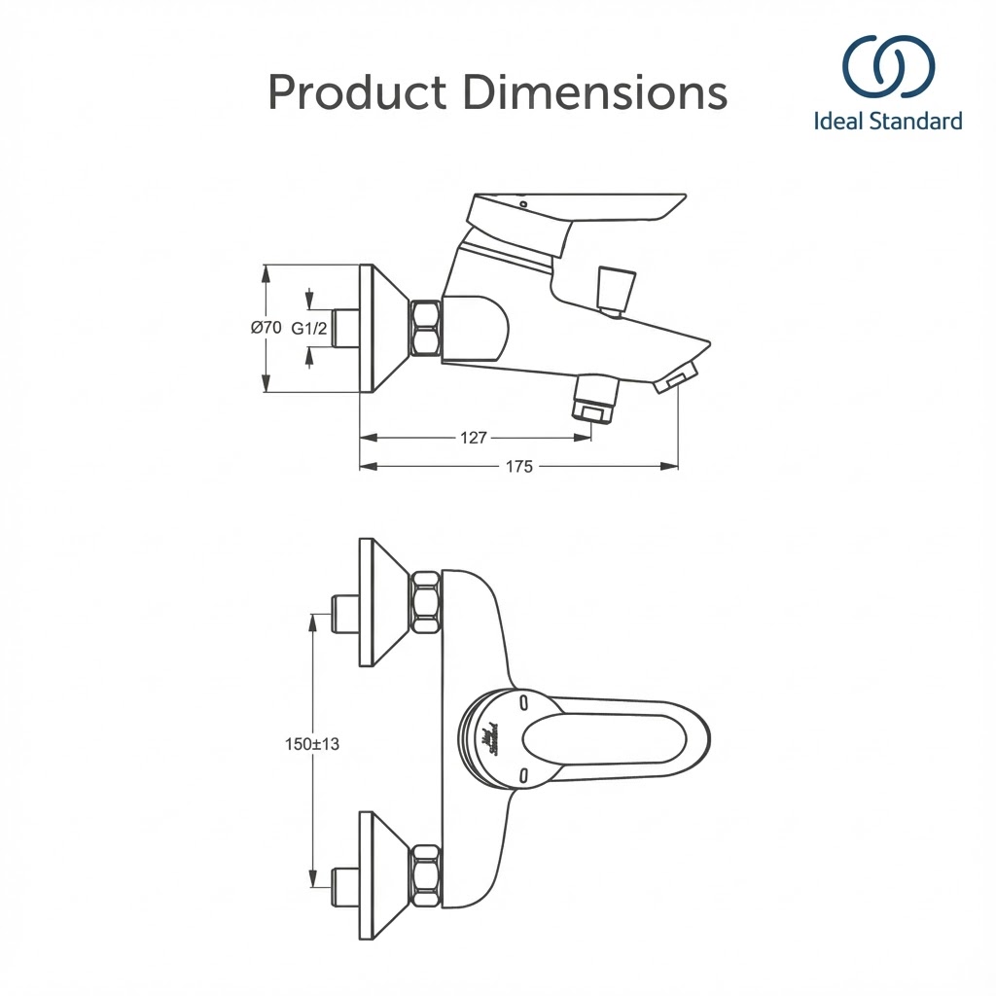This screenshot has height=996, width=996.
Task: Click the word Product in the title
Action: [357, 93]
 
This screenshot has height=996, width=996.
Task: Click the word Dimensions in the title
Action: [595, 93]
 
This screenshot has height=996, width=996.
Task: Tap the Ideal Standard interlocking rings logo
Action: [888, 68]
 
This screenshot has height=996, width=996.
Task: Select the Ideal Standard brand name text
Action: [888, 122]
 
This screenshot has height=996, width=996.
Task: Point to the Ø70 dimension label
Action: [267, 329]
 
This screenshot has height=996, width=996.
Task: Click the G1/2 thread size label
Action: [308, 329]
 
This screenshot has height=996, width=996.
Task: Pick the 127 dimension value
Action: [473, 438]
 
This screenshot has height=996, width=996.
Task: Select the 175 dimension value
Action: [519, 467]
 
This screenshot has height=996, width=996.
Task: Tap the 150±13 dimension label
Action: [312, 744]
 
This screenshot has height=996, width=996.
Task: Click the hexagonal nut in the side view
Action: [426, 329]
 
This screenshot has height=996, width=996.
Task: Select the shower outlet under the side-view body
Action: [596, 398]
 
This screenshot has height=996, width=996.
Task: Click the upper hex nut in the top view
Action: [426, 603]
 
